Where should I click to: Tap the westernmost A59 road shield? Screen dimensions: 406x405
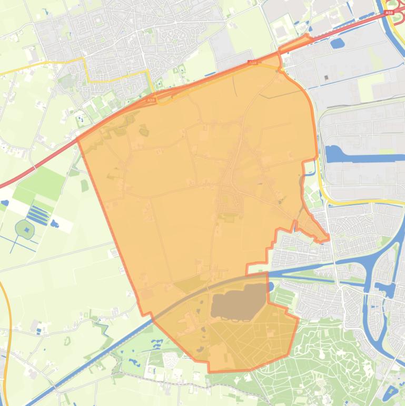click(x=151, y=99)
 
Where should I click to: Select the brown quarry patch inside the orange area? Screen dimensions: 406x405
click(x=237, y=302)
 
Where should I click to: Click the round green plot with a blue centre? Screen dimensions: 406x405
click(x=25, y=229)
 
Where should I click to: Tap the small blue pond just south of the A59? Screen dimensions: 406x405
click(x=338, y=43)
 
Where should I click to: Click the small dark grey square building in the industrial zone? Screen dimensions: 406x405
click(x=327, y=78)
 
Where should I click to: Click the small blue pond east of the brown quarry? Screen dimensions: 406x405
click(x=271, y=287)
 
